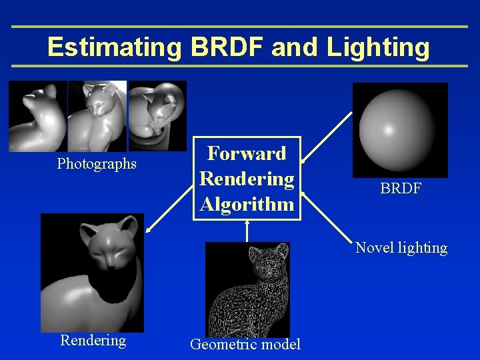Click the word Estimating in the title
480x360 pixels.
pyautogui.click(x=114, y=47)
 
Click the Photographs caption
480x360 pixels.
pyautogui.click(x=97, y=163)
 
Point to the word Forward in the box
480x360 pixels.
pyautogui.click(x=247, y=153)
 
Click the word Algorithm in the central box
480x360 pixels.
pyautogui.click(x=247, y=204)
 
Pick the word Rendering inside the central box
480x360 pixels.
pyautogui.click(x=247, y=179)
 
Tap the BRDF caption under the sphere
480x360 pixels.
pyautogui.click(x=401, y=189)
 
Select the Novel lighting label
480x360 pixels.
pyautogui.click(x=401, y=248)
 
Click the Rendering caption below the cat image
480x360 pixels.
pyautogui.click(x=93, y=340)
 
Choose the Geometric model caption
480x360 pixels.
pyautogui.click(x=245, y=344)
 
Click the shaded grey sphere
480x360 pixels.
pyautogui.click(x=399, y=128)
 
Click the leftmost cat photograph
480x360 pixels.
pyautogui.click(x=37, y=117)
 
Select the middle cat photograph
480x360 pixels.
pyautogui.click(x=97, y=117)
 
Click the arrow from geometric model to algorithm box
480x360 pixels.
pyautogui.click(x=247, y=230)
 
